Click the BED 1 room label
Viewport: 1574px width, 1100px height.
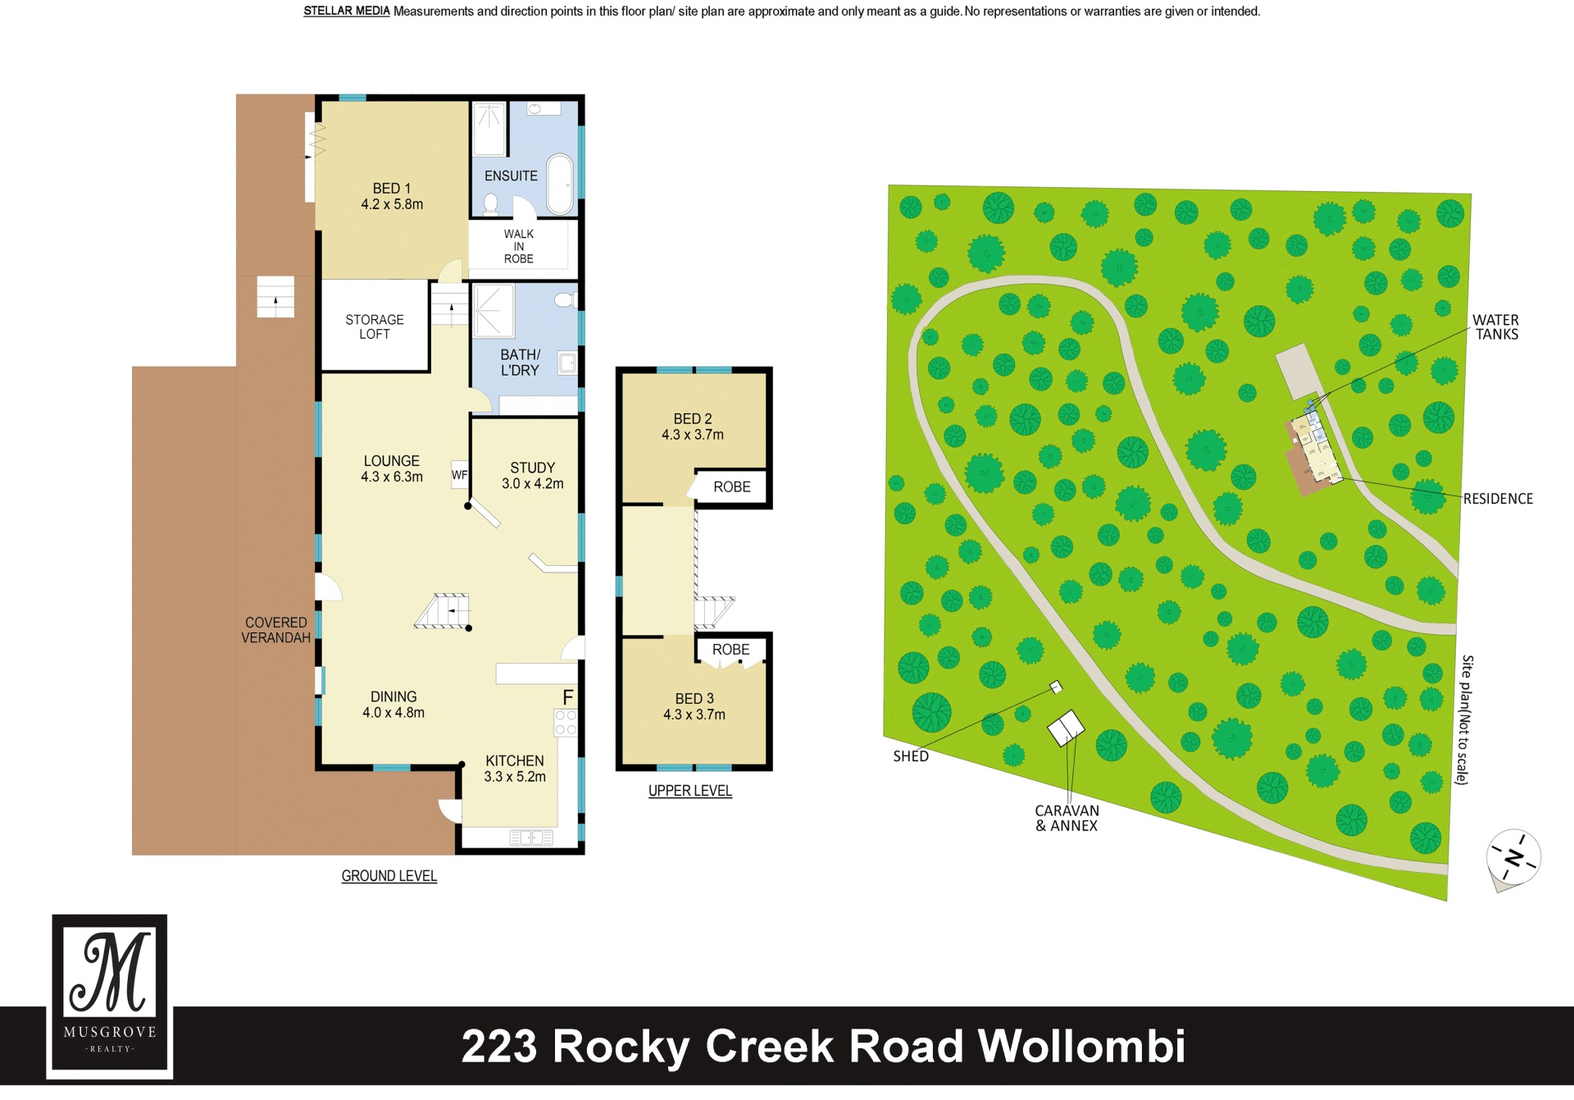point(392,197)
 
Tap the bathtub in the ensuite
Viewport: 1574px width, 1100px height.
point(560,184)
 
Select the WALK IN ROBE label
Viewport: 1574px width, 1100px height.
point(519,246)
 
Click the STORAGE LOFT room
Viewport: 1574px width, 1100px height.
point(375,326)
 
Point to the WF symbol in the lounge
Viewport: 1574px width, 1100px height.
point(460,475)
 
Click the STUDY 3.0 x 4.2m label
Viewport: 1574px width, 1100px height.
point(533,476)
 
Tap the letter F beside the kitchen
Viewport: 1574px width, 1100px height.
point(568,697)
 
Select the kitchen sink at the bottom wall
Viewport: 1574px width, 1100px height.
point(531,838)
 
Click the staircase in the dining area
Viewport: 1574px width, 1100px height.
point(443,611)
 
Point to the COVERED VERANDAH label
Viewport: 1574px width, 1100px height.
point(275,630)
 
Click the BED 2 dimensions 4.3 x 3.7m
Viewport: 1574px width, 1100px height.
point(693,435)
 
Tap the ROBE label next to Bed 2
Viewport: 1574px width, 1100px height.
point(732,487)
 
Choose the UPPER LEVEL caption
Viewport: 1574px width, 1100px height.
point(690,791)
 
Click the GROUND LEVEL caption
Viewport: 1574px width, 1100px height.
point(389,876)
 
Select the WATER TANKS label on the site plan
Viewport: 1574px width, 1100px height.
point(1496,327)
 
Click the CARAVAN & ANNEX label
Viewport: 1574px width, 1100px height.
point(1067,818)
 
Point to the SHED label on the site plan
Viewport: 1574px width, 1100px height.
point(911,756)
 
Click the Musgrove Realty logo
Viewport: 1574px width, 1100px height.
point(110,995)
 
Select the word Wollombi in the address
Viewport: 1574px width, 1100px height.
point(1082,1047)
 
